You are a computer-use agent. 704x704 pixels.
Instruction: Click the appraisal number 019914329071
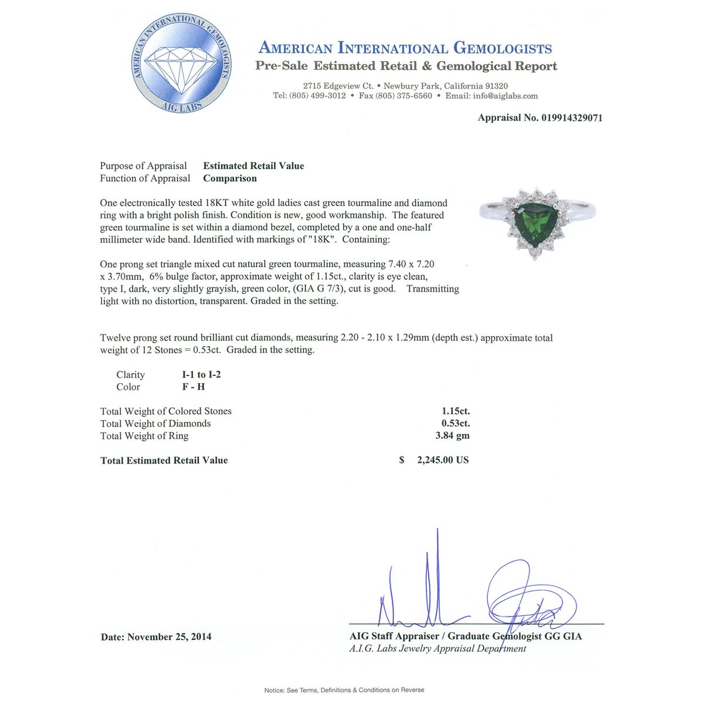tap(571, 118)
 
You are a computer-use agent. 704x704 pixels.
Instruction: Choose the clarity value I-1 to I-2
tap(201, 375)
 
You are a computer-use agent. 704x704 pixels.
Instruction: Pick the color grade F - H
tap(194, 387)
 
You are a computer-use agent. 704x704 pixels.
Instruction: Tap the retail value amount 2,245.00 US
tap(442, 461)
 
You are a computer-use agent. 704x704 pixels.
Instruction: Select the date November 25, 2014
tap(169, 637)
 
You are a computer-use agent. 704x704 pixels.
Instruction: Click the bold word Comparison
tap(230, 178)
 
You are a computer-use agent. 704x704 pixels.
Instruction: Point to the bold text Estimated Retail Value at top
tap(253, 166)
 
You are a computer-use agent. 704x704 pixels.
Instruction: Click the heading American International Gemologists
tap(405, 49)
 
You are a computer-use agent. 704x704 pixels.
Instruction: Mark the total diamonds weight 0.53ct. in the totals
tap(456, 424)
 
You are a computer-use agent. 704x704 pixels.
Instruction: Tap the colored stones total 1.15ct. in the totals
tap(456, 411)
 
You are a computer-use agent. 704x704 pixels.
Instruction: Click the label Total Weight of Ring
tap(144, 436)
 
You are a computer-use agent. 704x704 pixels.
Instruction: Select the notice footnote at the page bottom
tap(344, 690)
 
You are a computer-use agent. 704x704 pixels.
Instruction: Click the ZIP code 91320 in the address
tap(496, 86)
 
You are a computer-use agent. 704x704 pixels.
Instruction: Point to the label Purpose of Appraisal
tap(143, 166)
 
